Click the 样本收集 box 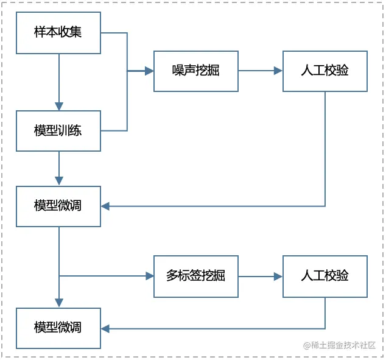pyautogui.click(x=58, y=32)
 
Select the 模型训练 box pyautogui.click(x=58, y=130)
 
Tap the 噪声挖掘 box pyautogui.click(x=195, y=71)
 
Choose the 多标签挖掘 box pyautogui.click(x=195, y=276)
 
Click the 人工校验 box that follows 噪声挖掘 pyautogui.click(x=325, y=71)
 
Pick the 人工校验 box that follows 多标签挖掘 pyautogui.click(x=325, y=276)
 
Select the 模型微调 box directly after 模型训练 pyautogui.click(x=58, y=206)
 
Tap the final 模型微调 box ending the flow pyautogui.click(x=58, y=328)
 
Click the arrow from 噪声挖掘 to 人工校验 pyautogui.click(x=260, y=71)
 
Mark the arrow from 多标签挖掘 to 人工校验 pyautogui.click(x=260, y=276)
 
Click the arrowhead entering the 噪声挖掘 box pyautogui.click(x=149, y=71)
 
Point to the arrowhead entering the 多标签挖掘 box pyautogui.click(x=149, y=276)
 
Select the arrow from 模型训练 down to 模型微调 pyautogui.click(x=59, y=168)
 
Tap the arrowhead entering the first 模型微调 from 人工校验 pyautogui.click(x=105, y=206)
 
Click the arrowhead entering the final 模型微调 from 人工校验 pyautogui.click(x=105, y=328)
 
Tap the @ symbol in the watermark pyautogui.click(x=307, y=345)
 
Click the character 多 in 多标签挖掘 pyautogui.click(x=172, y=276)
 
